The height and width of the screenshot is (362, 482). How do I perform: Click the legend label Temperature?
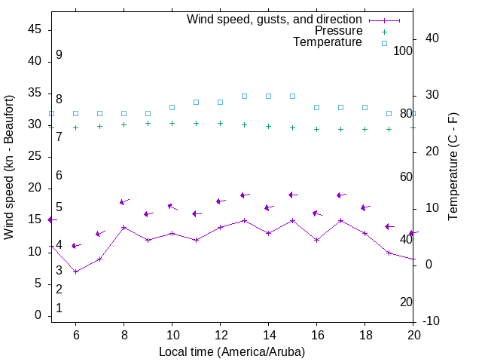[328, 42]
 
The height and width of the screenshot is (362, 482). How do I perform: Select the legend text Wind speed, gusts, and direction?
[275, 20]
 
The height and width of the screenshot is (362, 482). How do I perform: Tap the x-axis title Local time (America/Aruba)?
[232, 351]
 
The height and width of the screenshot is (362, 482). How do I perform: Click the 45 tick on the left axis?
[35, 29]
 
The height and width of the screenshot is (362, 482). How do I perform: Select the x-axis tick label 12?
[220, 335]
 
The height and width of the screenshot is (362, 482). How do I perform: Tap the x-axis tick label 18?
[365, 335]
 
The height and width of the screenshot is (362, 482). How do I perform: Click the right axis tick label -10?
[432, 321]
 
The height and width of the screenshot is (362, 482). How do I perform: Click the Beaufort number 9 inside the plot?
[59, 55]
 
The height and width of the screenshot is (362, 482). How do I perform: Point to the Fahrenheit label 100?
[403, 51]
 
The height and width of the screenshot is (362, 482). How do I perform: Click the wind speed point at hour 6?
[75, 271]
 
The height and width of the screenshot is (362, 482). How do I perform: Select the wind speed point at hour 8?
[124, 227]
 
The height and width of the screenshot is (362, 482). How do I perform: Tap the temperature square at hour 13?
[244, 96]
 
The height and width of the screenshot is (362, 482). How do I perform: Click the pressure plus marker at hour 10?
[172, 123]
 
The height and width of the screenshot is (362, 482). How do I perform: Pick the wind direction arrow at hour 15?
[293, 195]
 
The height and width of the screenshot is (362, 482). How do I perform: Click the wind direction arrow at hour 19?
[389, 226]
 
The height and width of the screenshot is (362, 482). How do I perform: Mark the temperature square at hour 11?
[196, 102]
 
